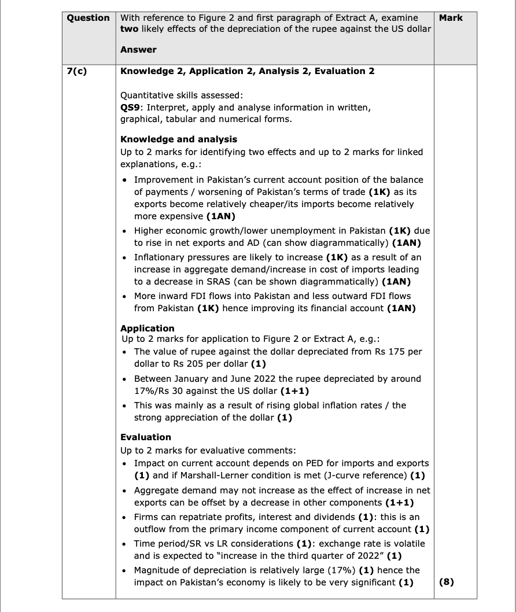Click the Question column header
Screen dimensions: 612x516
[88, 18]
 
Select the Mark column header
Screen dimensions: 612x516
[451, 18]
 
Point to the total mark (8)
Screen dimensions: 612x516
[446, 582]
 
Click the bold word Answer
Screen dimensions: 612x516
[138, 50]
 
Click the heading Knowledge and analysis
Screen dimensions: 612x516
[178, 139]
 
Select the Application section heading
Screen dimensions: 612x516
[147, 328]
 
